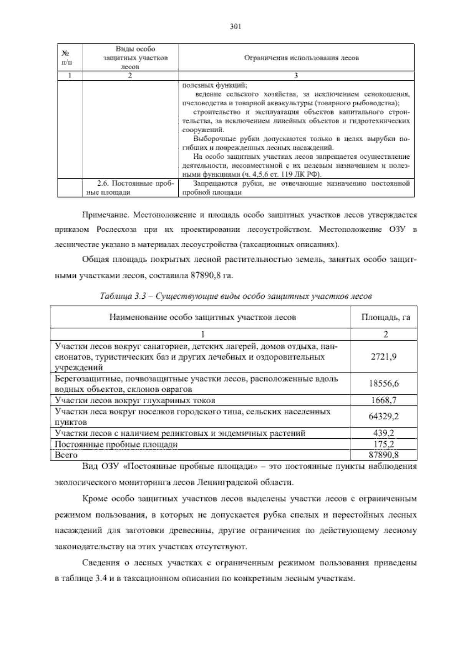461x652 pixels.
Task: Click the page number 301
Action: (235, 27)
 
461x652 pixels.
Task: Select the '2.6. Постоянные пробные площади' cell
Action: (130, 188)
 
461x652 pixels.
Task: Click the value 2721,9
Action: (384, 356)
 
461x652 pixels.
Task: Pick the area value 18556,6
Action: (384, 384)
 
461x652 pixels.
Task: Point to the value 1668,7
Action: (384, 400)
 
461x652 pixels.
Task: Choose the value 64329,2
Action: (384, 417)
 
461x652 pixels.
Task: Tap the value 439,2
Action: (384, 433)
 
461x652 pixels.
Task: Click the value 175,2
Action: (384, 444)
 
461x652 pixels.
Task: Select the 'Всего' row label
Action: (66, 455)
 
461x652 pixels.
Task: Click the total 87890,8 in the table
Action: (384, 455)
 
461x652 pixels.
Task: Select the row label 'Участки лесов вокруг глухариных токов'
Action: (135, 400)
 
